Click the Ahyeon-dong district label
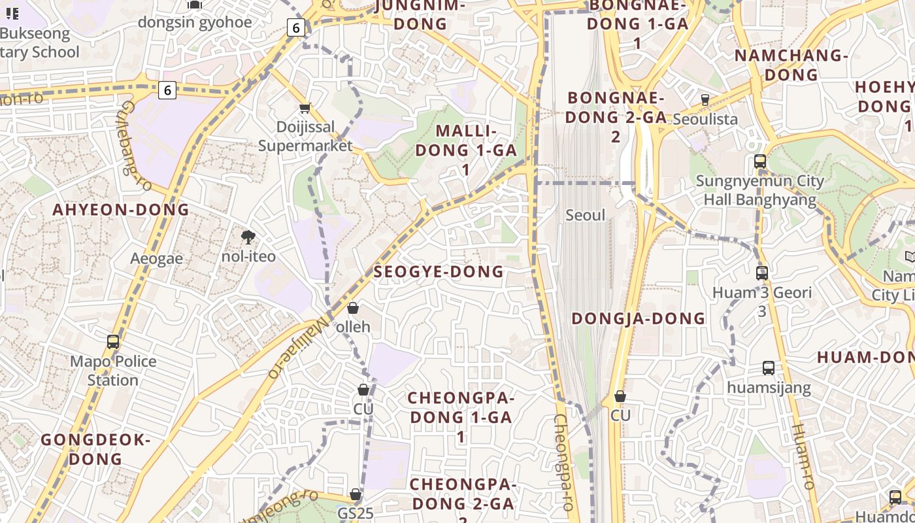[121, 210]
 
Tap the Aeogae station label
[156, 258]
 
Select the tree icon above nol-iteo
[248, 237]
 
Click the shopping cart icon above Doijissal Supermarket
[305, 109]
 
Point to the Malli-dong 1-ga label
[466, 150]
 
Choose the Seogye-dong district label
[439, 272]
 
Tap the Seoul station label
[586, 215]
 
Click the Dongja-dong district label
[639, 318]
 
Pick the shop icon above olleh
[353, 308]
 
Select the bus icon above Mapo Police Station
[113, 342]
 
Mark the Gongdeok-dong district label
[96, 449]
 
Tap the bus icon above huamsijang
[769, 368]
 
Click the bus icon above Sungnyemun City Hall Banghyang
[760, 161]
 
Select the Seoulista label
[705, 119]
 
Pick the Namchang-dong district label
[791, 65]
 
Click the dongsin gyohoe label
[194, 22]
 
